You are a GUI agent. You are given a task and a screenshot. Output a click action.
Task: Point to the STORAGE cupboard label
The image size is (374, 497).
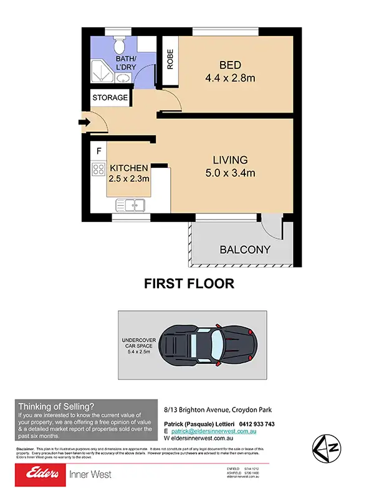click(x=110, y=98)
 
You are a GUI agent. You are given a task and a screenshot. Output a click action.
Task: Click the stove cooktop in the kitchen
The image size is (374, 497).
click(x=98, y=169)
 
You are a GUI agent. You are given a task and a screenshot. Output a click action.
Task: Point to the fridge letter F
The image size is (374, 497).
click(x=98, y=151)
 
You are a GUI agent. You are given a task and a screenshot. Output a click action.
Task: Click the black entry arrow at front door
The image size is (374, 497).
click(x=84, y=122)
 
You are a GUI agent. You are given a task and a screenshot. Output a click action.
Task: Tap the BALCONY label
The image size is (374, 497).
click(x=245, y=250)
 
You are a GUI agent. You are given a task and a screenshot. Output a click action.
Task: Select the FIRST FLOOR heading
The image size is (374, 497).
click(x=189, y=284)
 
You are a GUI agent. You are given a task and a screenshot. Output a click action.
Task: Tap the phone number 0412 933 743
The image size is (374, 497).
click(x=252, y=424)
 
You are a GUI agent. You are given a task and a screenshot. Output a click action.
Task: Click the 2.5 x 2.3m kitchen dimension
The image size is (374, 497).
click(x=129, y=179)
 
